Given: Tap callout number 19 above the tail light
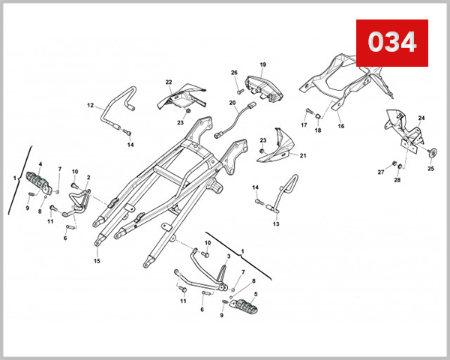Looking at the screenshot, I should coord(263,65).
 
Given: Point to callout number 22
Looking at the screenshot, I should coord(169,82).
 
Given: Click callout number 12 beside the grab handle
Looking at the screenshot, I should coord(89,106).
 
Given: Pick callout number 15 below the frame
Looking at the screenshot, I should coord(97,261).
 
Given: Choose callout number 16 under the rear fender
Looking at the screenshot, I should coord(340,127).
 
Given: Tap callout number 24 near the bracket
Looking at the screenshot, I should coord(421,118).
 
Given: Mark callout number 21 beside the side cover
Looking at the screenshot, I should coord(304,156).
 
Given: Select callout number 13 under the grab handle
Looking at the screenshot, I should coord(275,223).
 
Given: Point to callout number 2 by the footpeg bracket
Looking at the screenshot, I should coord(88,178).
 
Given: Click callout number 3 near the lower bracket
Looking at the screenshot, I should coord(228,256).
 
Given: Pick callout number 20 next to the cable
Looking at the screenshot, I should coord(232,103).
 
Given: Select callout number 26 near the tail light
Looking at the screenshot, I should coord(234,73).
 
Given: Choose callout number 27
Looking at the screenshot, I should coord(380,172).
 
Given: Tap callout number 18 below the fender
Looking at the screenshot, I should coord(317,130).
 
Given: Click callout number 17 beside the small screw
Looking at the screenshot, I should coord(305,124).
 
